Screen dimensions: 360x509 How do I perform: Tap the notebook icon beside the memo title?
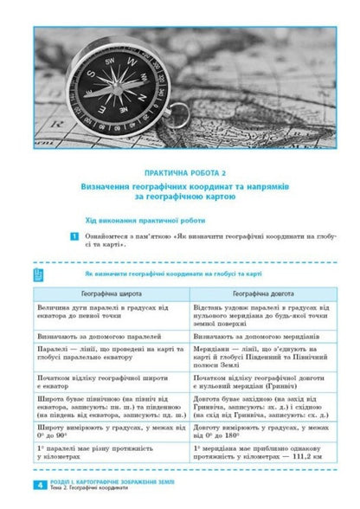tap(38, 275)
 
